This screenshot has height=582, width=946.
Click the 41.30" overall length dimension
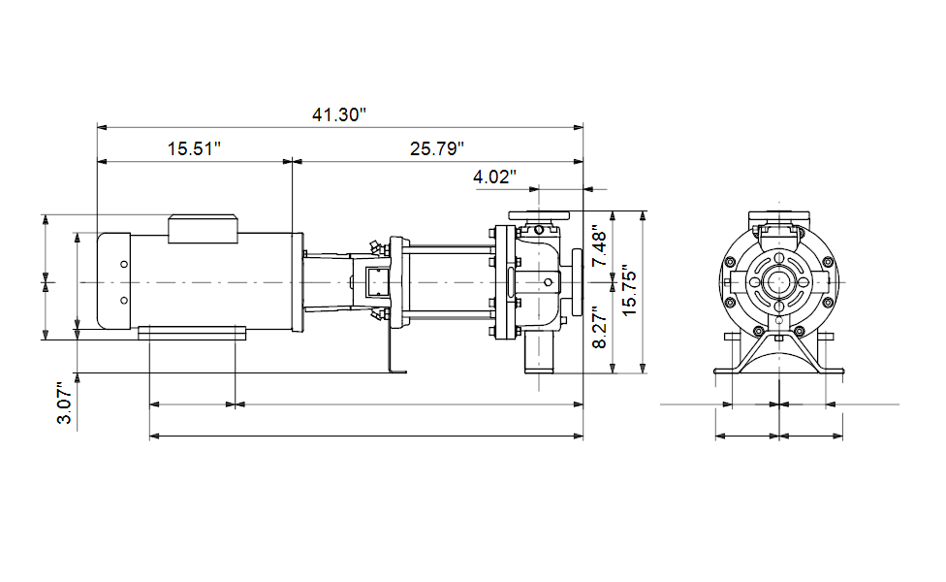point(339,114)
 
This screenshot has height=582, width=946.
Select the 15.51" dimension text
point(194,148)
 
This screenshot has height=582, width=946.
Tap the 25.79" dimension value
point(437,148)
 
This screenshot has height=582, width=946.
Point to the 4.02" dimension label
point(494,177)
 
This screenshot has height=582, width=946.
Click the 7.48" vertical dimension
point(599,246)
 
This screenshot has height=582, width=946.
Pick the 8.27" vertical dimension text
point(599,327)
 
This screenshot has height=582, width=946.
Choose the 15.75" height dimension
point(629,290)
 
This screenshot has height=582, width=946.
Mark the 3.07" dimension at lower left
point(64,403)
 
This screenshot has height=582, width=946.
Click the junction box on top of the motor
point(203,229)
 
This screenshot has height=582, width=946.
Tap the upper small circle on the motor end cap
point(124,264)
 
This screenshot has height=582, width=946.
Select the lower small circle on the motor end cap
point(124,300)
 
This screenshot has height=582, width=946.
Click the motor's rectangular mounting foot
point(192,333)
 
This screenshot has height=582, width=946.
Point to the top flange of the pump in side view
point(539,215)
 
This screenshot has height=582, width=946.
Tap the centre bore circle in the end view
point(779,282)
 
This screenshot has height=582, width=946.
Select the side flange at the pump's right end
point(577,282)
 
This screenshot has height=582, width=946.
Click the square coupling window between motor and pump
point(375,282)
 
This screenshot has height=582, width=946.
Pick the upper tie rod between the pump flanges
point(449,247)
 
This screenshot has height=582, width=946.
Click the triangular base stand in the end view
point(779,352)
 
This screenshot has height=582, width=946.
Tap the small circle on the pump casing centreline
point(548,282)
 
